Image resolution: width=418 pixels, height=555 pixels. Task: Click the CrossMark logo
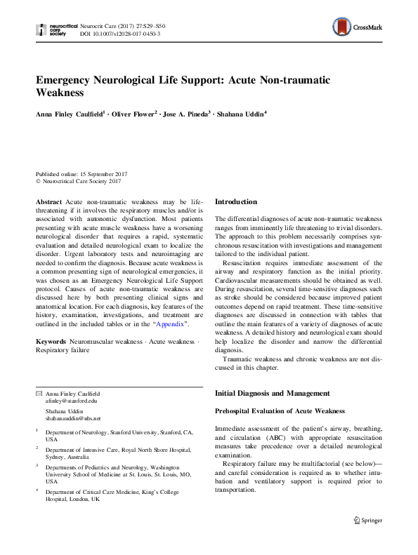coord(357,29)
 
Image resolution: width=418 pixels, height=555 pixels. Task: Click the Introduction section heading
coord(235,202)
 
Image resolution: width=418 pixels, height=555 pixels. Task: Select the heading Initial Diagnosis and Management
coord(272,393)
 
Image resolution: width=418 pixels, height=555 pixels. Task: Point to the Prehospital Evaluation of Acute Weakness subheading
coord(280,410)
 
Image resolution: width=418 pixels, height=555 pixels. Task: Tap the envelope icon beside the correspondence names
coord(39,394)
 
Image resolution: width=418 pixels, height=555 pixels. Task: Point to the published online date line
coord(81,174)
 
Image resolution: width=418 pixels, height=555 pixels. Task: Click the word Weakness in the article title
coord(60,93)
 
